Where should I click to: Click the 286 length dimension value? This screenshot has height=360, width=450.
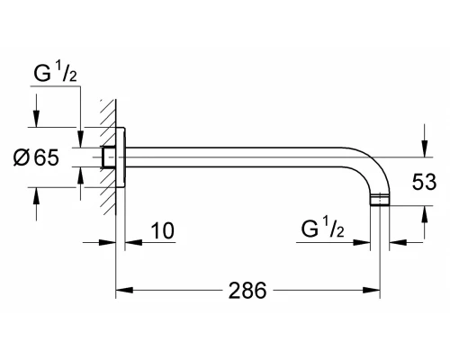click(x=247, y=291)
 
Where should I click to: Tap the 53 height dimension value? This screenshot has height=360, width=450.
click(x=424, y=182)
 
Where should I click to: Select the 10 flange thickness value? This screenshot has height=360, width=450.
click(x=162, y=230)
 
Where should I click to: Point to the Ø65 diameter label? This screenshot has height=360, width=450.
click(x=36, y=157)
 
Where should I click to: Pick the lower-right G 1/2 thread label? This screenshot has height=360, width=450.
click(x=322, y=228)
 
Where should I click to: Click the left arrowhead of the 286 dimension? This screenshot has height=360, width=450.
click(x=124, y=290)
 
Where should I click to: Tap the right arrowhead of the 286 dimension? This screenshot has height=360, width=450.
click(x=372, y=290)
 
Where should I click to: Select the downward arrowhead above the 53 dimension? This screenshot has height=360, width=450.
click(x=424, y=148)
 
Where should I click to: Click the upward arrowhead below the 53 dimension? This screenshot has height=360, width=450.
click(x=424, y=214)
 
